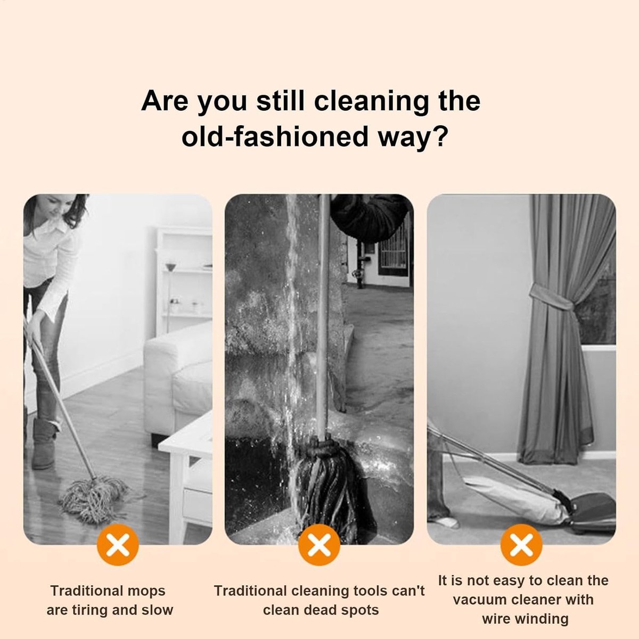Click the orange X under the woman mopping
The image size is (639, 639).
tap(117, 545)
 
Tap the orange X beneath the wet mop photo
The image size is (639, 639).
tap(319, 545)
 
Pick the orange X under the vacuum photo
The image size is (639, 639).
tap(521, 545)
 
